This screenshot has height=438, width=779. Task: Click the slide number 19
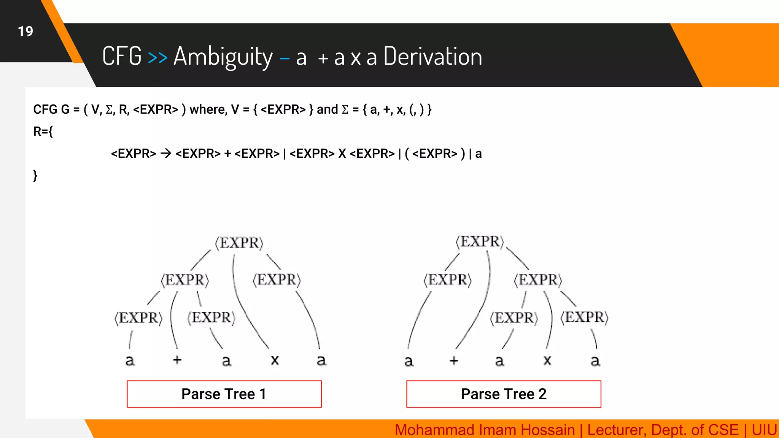(25, 31)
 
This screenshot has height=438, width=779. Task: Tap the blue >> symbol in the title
(157, 57)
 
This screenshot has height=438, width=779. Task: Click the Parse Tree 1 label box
(224, 394)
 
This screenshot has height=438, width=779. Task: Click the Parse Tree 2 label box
(504, 394)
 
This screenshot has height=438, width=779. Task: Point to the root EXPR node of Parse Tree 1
(239, 243)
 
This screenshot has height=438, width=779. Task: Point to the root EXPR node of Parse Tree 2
(480, 241)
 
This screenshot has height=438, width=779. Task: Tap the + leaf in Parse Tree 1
(177, 360)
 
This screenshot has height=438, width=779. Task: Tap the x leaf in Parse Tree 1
(275, 360)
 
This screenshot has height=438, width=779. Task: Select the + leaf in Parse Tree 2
(453, 360)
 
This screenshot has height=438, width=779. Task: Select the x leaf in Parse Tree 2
(547, 360)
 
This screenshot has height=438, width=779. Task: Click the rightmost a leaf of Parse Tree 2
(595, 360)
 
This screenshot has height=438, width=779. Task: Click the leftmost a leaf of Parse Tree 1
(130, 360)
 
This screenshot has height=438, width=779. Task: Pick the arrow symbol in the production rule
(166, 154)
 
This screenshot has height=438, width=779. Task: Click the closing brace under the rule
(35, 176)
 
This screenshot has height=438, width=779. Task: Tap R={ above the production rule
(43, 132)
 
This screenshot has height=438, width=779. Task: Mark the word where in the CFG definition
(208, 109)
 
